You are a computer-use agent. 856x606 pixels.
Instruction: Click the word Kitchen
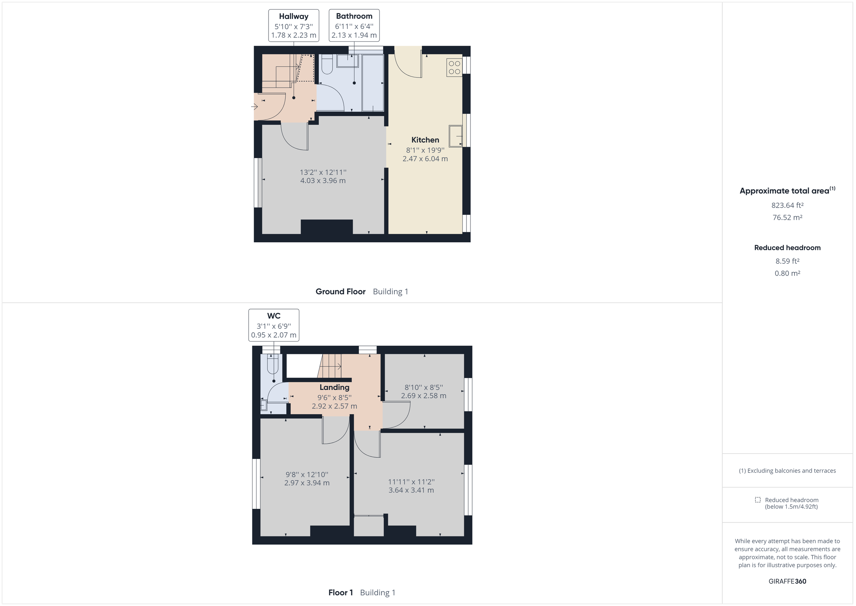425,140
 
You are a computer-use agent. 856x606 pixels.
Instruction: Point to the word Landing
334,387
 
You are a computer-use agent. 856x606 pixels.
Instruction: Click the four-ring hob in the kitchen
454,67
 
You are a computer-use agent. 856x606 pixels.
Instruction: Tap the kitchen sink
455,136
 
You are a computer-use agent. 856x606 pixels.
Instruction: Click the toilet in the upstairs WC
273,364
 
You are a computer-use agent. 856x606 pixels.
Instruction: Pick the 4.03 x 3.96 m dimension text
323,181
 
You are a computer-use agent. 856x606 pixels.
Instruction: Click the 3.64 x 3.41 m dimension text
411,490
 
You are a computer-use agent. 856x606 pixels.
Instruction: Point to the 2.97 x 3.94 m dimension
307,483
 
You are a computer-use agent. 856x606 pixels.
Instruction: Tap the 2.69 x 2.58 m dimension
423,395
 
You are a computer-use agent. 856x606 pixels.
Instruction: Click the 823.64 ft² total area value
787,205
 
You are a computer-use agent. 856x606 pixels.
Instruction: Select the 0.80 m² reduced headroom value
787,273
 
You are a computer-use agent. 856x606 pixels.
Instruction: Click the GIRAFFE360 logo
787,581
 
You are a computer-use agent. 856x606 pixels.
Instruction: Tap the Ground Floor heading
340,292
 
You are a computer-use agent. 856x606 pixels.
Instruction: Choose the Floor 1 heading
340,592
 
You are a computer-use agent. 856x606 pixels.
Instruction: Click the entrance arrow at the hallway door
255,107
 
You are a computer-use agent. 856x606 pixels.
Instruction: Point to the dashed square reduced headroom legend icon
758,500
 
